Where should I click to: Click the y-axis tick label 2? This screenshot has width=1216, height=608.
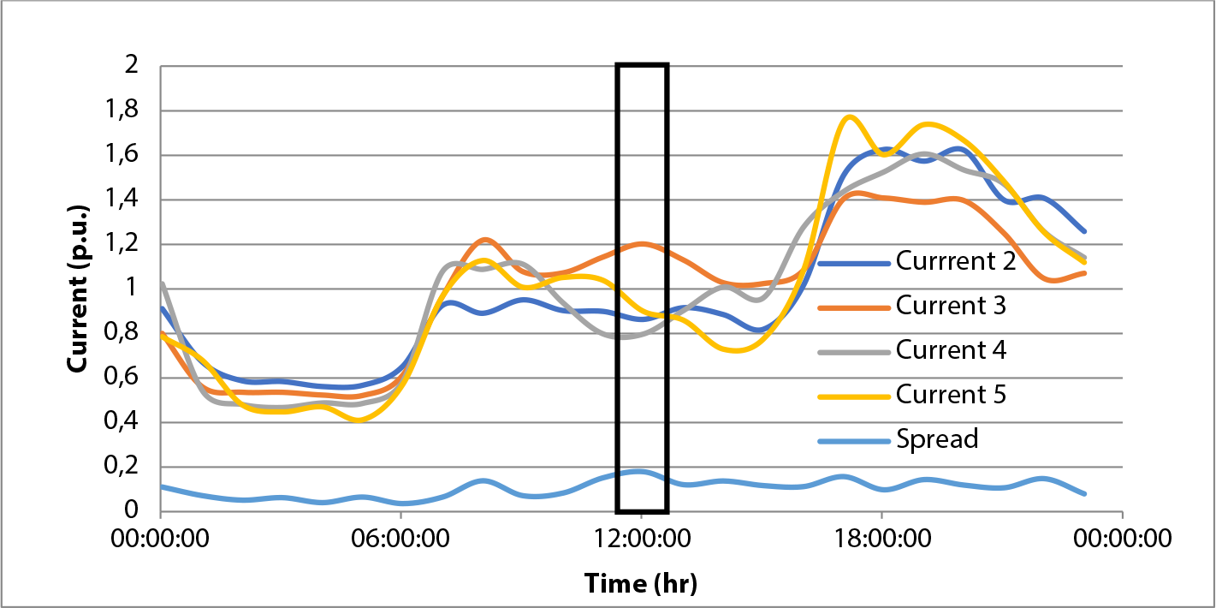coord(132,67)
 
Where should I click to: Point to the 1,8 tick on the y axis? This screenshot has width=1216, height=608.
coord(124,111)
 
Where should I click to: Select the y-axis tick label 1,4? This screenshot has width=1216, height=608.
coord(124,200)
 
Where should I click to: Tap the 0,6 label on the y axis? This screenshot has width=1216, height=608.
coord(124,379)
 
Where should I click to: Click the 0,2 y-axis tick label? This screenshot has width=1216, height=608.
coord(124,468)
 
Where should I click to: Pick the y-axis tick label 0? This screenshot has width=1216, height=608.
coord(132,511)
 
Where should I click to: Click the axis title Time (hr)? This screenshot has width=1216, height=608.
coord(641,584)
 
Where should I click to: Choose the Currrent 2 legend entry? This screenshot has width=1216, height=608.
coord(955,261)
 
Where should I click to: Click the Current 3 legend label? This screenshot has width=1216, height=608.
coord(951,306)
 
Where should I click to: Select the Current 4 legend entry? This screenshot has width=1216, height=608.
coord(951,350)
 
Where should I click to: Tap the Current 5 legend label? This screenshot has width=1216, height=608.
coord(951,395)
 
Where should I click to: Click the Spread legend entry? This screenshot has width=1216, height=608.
coord(937,439)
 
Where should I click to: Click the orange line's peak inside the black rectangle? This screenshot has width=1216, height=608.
coord(642,244)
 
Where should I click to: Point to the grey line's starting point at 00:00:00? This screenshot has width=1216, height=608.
coord(162,283)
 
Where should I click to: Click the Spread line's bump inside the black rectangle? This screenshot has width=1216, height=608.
coord(638,471)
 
